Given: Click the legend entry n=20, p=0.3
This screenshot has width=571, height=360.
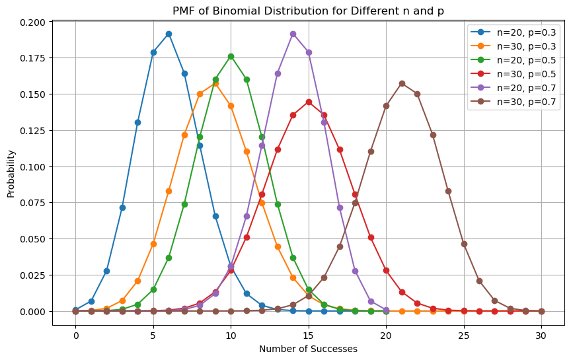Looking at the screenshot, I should click(x=527, y=32).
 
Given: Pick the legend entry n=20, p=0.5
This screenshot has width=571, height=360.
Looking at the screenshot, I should click(x=527, y=59).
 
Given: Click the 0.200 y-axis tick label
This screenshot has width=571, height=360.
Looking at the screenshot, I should click(x=30, y=22).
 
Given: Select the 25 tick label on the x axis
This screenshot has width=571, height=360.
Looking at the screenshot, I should click(x=464, y=334).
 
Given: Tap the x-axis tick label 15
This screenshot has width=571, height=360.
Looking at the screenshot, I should click(x=309, y=334).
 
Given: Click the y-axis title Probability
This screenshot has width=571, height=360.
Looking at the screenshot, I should click(x=11, y=173).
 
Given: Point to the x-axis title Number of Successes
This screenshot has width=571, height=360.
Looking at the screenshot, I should click(x=308, y=349).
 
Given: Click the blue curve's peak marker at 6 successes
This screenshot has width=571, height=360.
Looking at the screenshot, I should click(x=169, y=34).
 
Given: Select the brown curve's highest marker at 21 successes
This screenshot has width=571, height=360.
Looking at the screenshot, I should click(x=402, y=83).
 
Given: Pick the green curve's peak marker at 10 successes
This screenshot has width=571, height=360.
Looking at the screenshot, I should click(x=231, y=56).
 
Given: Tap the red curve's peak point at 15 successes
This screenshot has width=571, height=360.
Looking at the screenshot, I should click(x=309, y=102).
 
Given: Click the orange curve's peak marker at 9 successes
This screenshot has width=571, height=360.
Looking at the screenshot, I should click(x=215, y=83).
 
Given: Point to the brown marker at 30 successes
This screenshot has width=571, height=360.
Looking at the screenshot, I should click(x=541, y=311).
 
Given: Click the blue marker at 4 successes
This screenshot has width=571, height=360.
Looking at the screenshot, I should click(x=137, y=122).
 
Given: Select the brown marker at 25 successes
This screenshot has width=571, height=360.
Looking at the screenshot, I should click(x=464, y=244).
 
